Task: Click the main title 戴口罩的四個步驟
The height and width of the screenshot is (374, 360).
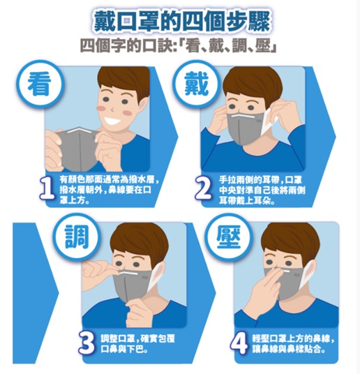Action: point(182,22)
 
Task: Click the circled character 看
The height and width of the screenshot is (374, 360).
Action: point(40,84)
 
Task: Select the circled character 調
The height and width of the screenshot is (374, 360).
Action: point(77,237)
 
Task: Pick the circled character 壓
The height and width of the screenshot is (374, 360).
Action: point(229,237)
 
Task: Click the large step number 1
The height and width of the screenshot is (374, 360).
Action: point(47,190)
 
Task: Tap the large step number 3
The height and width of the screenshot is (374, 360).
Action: point(87,343)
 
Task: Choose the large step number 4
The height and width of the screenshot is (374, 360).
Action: point(239,343)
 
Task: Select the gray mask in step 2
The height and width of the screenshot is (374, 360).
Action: point(243,128)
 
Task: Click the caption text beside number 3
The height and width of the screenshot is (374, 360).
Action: point(137,343)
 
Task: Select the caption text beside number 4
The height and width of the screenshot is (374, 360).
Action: point(292,344)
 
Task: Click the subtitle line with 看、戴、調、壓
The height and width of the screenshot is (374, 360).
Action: point(178,45)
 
